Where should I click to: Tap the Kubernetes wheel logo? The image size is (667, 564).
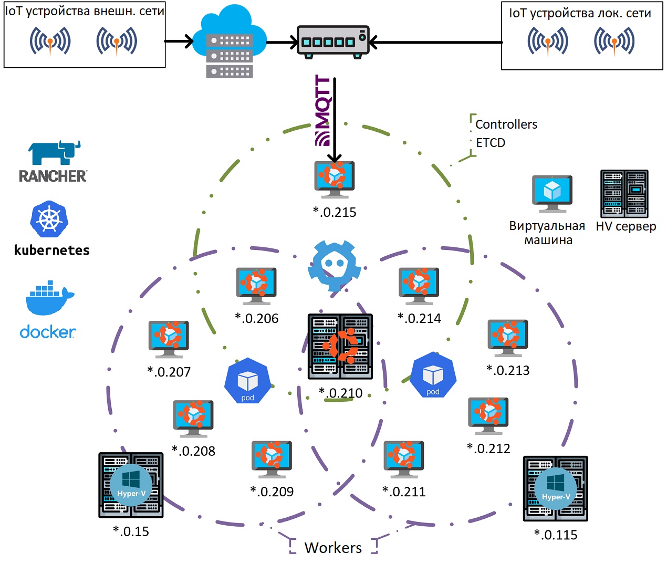(x=49, y=219)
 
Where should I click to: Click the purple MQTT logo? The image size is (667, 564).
(x=323, y=110)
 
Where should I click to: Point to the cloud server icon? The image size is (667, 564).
(x=230, y=41)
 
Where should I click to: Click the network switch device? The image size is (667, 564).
(x=333, y=42)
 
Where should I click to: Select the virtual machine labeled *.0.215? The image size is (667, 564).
(x=335, y=180)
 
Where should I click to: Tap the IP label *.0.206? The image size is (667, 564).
(x=256, y=318)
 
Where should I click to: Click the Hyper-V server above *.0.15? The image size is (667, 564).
(x=131, y=485)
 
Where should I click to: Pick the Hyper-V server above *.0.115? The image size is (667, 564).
(x=555, y=488)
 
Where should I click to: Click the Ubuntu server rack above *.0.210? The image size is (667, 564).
(x=340, y=346)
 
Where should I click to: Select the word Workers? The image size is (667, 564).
(x=333, y=548)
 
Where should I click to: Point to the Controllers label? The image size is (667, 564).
(x=506, y=124)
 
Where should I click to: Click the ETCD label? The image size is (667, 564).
(x=491, y=143)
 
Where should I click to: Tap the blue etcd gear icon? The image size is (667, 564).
(x=335, y=265)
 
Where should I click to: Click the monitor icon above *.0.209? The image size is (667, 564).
(x=272, y=459)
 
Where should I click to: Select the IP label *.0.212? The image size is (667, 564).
(x=488, y=448)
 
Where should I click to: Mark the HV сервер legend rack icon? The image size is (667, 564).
(x=624, y=194)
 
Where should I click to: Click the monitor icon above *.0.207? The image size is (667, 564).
(x=169, y=339)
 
